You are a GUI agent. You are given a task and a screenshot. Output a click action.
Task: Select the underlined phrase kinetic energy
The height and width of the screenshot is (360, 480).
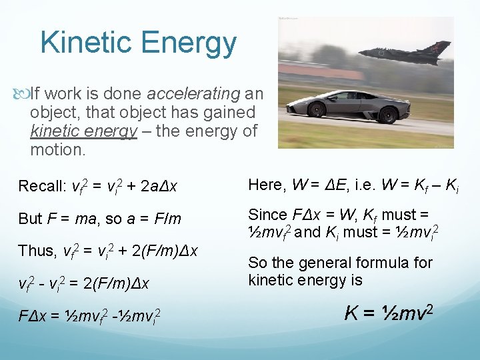83,131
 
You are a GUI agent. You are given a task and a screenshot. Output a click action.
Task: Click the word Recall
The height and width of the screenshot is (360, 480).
41,185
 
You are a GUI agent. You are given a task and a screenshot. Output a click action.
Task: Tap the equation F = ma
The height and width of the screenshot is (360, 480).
70,219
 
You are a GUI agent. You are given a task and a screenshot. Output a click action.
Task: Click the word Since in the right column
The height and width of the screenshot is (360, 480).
268,215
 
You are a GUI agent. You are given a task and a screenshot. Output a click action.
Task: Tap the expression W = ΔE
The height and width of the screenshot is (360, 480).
319,184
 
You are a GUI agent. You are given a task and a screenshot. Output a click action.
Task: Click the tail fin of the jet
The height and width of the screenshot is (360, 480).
440,49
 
